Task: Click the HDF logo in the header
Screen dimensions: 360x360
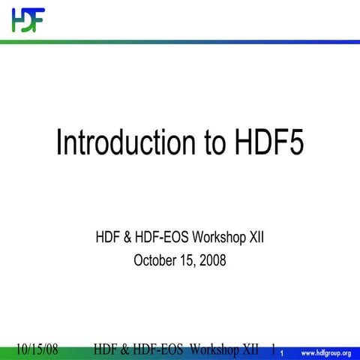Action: (28, 19)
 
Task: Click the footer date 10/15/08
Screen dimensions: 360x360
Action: (37, 349)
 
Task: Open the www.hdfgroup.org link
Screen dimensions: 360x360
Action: (326, 352)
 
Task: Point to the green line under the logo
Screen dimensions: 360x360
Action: (180, 41)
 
